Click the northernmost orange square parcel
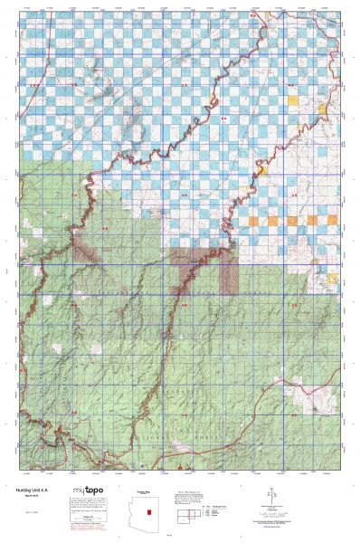(x=292, y=99)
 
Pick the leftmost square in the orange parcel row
(x=251, y=220)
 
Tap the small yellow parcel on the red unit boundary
(x=262, y=169)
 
